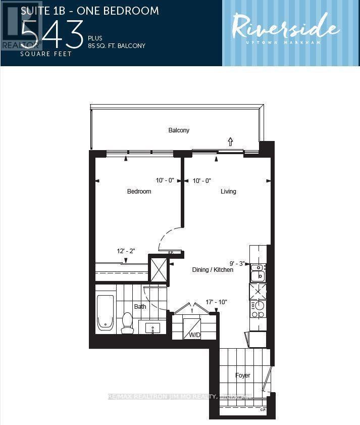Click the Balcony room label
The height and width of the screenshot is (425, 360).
tap(179, 130)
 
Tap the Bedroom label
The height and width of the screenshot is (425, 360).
tap(139, 192)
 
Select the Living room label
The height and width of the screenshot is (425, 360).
tap(228, 192)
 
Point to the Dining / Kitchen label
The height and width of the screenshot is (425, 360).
tap(213, 270)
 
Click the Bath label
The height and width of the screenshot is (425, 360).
tap(140, 306)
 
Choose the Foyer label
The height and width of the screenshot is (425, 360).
tap(243, 375)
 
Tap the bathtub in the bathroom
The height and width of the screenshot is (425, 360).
tap(106, 312)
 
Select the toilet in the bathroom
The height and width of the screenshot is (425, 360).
tap(127, 323)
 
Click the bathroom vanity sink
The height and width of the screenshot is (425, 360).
tap(153, 328)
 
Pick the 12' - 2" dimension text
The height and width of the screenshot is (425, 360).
tap(126, 251)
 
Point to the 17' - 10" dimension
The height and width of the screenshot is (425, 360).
tap(216, 302)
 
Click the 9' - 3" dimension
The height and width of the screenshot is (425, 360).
tap(237, 263)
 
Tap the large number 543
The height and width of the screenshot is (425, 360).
tap(53, 34)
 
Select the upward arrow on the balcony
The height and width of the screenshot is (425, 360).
tap(231, 141)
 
